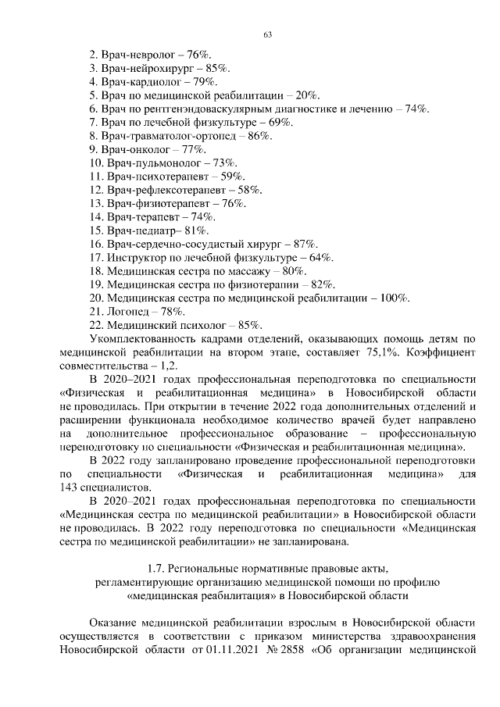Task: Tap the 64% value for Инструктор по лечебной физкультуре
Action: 322,257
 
